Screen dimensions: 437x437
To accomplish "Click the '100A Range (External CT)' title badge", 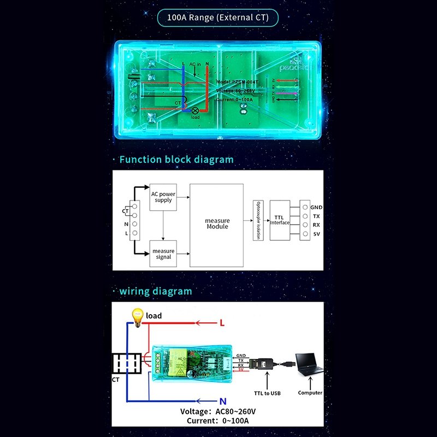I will tap(217, 17).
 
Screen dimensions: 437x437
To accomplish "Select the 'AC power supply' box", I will tap(163, 197).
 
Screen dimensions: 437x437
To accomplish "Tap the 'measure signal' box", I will tap(163, 254).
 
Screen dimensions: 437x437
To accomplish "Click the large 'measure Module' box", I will tap(217, 224).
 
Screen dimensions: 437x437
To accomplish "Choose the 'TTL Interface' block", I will tap(279, 220).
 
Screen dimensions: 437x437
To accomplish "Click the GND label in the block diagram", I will tap(316, 208).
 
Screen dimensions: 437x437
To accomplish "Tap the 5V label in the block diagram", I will tap(316, 234).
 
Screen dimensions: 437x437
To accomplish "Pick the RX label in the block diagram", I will tap(316, 225).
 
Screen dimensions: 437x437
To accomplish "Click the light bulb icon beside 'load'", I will tap(137, 316).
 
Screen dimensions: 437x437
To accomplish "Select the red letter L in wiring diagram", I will tap(222, 323).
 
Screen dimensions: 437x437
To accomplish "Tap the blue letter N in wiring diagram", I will tap(223, 400).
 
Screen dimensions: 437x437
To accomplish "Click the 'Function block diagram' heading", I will tap(176, 160).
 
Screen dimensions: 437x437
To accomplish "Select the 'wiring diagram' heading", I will tap(156, 291).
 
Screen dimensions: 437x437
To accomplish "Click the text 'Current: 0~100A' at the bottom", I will tap(218, 421).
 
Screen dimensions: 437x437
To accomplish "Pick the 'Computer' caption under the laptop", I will tap(310, 393).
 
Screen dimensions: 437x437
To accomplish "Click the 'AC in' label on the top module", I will tap(195, 64).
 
